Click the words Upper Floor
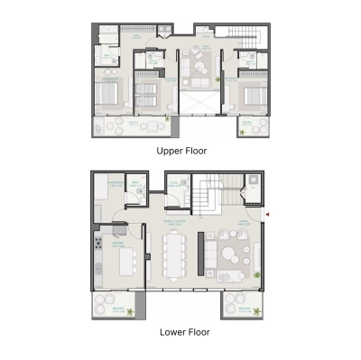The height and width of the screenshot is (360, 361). (180, 151)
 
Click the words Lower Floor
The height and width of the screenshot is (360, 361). (180, 331)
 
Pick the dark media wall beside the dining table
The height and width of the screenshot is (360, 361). (199, 253)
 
